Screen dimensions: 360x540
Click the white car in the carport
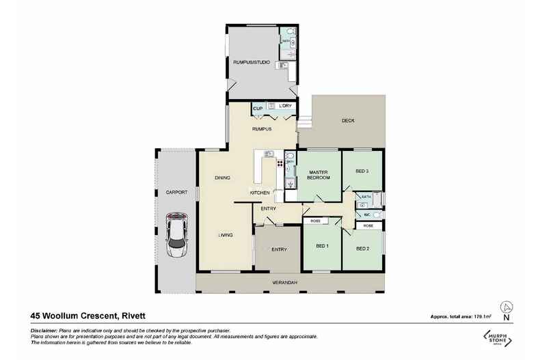tap(176, 234)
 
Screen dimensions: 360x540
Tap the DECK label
tap(349, 121)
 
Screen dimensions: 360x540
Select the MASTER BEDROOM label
tap(319, 174)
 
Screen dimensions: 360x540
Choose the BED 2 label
tap(363, 249)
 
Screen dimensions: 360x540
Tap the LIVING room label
tap(226, 235)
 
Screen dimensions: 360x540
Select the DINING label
tap(222, 178)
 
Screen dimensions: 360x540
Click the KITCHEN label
tap(260, 193)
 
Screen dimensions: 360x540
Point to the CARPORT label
tap(176, 193)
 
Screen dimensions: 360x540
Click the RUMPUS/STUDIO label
tap(252, 64)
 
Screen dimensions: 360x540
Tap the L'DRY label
tap(285, 107)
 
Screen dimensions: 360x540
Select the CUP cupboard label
tap(258, 108)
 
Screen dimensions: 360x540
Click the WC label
tap(366, 214)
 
